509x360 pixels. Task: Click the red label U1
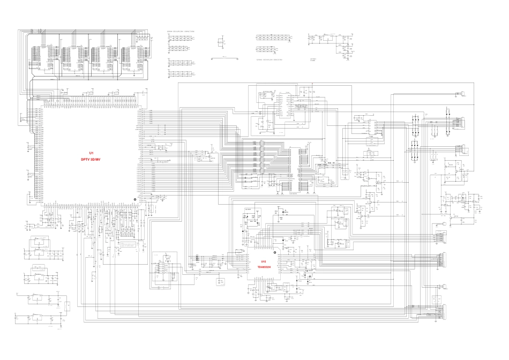tap(91, 153)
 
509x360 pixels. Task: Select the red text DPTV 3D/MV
tap(91, 159)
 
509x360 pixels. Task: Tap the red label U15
tap(264, 261)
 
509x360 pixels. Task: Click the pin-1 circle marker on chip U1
tap(135, 201)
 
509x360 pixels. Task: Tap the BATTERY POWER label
tap(313, 61)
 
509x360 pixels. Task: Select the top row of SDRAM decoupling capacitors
tap(181, 37)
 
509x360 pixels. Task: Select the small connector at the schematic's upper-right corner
tap(460, 94)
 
